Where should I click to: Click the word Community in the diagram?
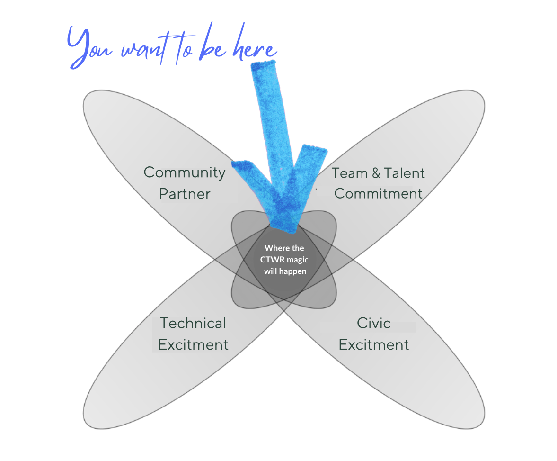click(185, 172)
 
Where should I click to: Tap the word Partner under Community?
click(185, 194)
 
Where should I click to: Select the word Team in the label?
click(350, 173)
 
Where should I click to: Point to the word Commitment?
click(378, 194)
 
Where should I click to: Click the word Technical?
click(193, 324)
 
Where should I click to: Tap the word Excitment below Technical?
click(193, 345)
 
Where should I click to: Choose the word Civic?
click(374, 324)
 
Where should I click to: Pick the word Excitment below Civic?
click(374, 345)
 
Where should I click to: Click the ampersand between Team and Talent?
click(376, 173)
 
